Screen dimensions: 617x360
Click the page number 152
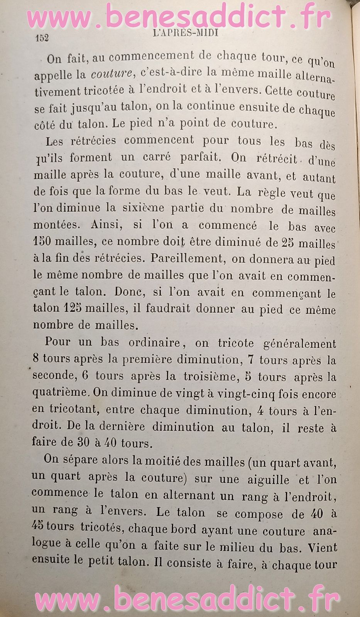tap(42, 38)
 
